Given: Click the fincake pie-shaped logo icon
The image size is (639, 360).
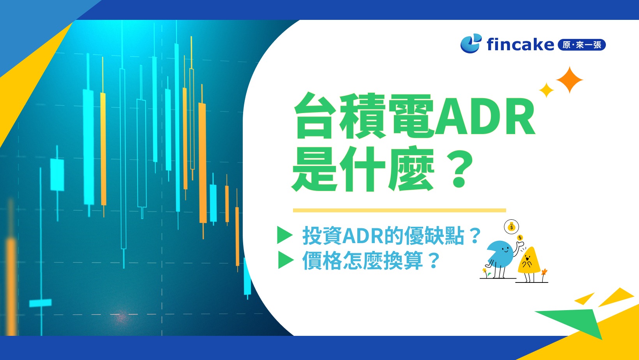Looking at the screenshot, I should point(470,44).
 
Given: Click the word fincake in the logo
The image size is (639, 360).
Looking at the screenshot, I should point(520,44).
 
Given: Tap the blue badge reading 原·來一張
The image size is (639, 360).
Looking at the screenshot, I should point(582,45).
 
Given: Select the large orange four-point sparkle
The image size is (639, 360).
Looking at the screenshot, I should point(569,80).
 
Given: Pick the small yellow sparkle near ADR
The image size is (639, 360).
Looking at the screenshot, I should point(546,90).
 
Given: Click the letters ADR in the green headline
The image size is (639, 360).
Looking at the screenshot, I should point(485,116).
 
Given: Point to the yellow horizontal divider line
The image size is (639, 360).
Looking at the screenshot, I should point(399,210).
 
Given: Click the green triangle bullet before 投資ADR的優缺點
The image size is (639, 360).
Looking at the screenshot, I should point(284,235).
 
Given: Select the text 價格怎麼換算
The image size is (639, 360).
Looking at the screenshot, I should point(362,261).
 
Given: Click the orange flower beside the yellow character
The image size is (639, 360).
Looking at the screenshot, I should point(544,271).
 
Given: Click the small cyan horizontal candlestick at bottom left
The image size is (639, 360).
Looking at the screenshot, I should point(40,303).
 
